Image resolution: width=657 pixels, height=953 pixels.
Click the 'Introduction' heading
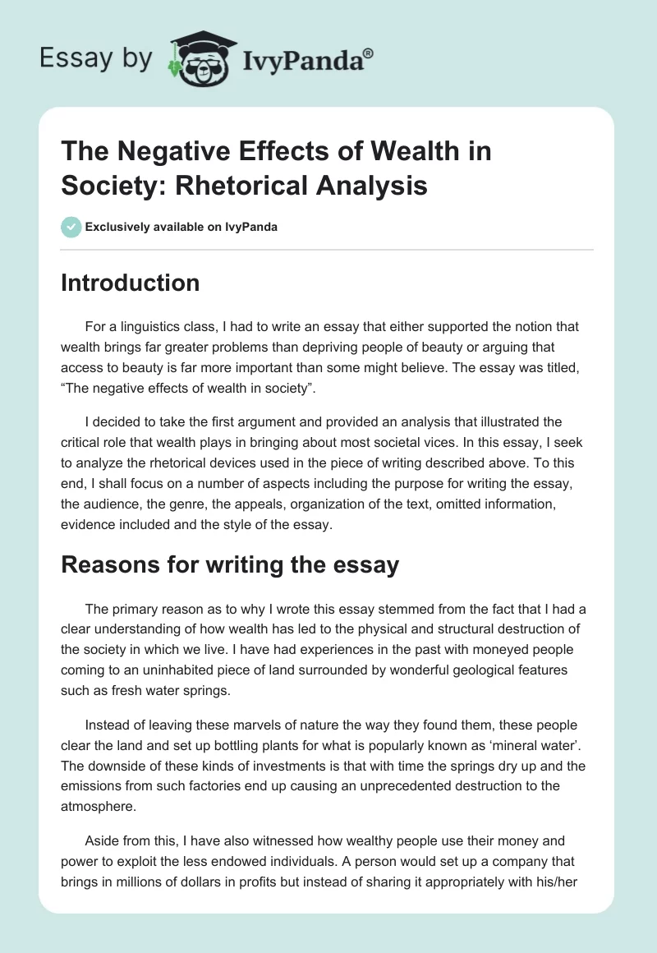131,283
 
